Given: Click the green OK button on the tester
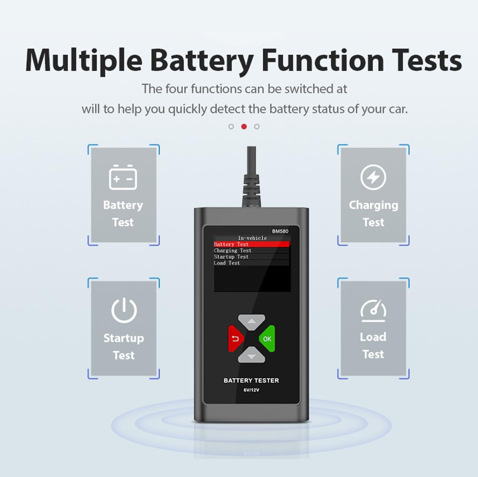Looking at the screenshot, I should click(x=267, y=339).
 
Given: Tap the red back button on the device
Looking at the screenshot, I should click(x=236, y=339).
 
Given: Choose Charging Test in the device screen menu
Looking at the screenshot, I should click(x=233, y=251).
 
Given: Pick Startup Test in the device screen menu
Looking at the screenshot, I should click(x=231, y=257).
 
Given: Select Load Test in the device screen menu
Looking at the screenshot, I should click(x=227, y=263).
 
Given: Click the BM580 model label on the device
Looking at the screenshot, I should click(x=280, y=231).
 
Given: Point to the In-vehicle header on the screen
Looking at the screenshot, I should click(x=252, y=238).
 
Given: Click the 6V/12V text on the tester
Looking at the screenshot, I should click(x=251, y=390).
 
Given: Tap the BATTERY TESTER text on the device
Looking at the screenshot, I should click(x=251, y=380).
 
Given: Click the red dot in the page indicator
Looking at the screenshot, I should click(x=244, y=127).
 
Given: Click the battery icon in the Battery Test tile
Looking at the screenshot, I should click(x=123, y=177).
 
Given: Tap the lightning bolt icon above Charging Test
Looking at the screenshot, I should click(x=373, y=177).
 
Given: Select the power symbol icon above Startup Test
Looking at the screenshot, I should click(x=124, y=310).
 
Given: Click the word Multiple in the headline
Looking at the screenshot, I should click(x=84, y=60).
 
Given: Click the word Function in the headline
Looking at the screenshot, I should click(x=323, y=60).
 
